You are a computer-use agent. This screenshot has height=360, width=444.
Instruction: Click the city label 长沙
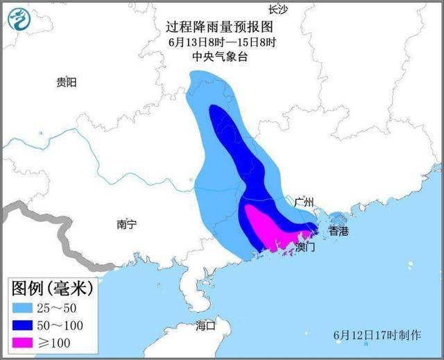(277, 8)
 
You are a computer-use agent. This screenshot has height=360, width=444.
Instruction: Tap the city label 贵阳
(67, 82)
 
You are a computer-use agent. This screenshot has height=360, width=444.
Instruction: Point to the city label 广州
(304, 202)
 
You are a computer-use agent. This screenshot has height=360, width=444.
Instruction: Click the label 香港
(339, 230)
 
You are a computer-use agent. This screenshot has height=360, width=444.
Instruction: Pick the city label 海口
(206, 325)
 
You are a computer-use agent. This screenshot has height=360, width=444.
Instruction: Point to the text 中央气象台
(219, 57)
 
